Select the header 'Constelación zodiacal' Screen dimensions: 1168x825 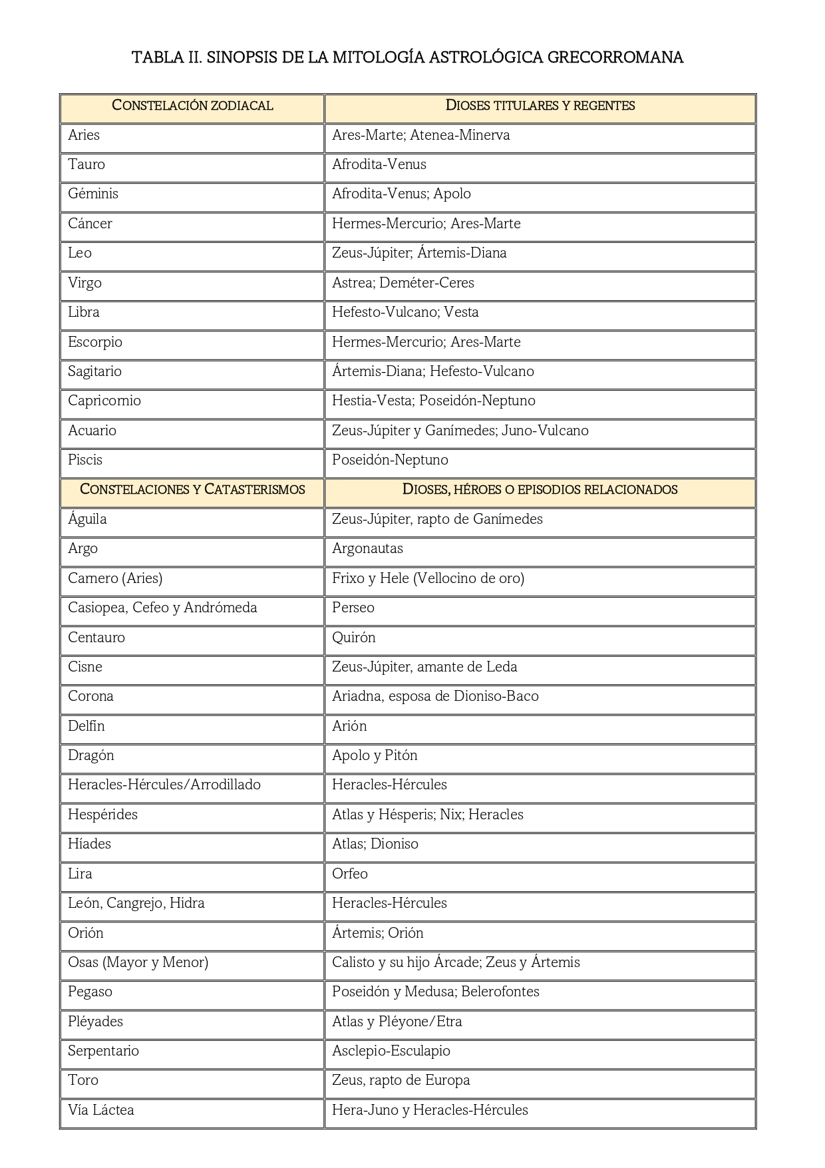[x=192, y=105]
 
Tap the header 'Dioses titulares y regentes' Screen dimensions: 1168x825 [x=540, y=105]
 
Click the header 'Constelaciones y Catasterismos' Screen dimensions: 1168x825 [x=192, y=489]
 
